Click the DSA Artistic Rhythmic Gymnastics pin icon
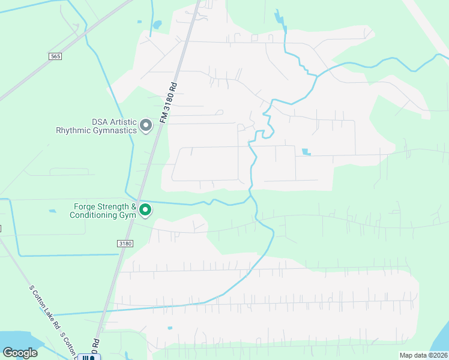tap(145, 125)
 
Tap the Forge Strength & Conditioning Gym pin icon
tap(145, 210)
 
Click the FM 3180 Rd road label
tap(170, 103)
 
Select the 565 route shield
tap(55, 55)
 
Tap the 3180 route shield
tap(124, 244)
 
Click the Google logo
tap(20, 353)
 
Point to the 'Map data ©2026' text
tap(423, 355)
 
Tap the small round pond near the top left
tap(157, 25)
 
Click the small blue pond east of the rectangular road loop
tap(307, 152)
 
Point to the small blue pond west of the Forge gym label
tap(53, 211)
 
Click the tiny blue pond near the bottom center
tap(170, 328)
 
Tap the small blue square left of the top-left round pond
tap(139, 22)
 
